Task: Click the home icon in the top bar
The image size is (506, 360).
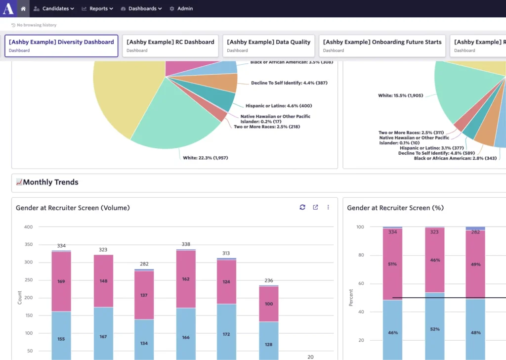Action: coord(23,8)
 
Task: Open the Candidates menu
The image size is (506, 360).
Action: coord(54,8)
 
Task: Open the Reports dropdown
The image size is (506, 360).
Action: coord(97,8)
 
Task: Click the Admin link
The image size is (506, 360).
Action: coord(181,8)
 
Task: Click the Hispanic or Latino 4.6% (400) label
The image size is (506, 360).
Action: coord(279,106)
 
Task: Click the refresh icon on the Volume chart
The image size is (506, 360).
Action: coord(302,208)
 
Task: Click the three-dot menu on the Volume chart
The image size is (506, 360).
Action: coord(328,208)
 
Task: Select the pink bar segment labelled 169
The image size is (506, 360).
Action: coord(61,282)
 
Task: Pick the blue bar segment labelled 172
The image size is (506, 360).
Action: coord(226,334)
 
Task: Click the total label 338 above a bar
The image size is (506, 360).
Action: coord(186,244)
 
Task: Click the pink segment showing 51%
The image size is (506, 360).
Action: coord(392,264)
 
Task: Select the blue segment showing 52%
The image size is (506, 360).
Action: coord(435,329)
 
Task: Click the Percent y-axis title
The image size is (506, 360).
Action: coord(351,297)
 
